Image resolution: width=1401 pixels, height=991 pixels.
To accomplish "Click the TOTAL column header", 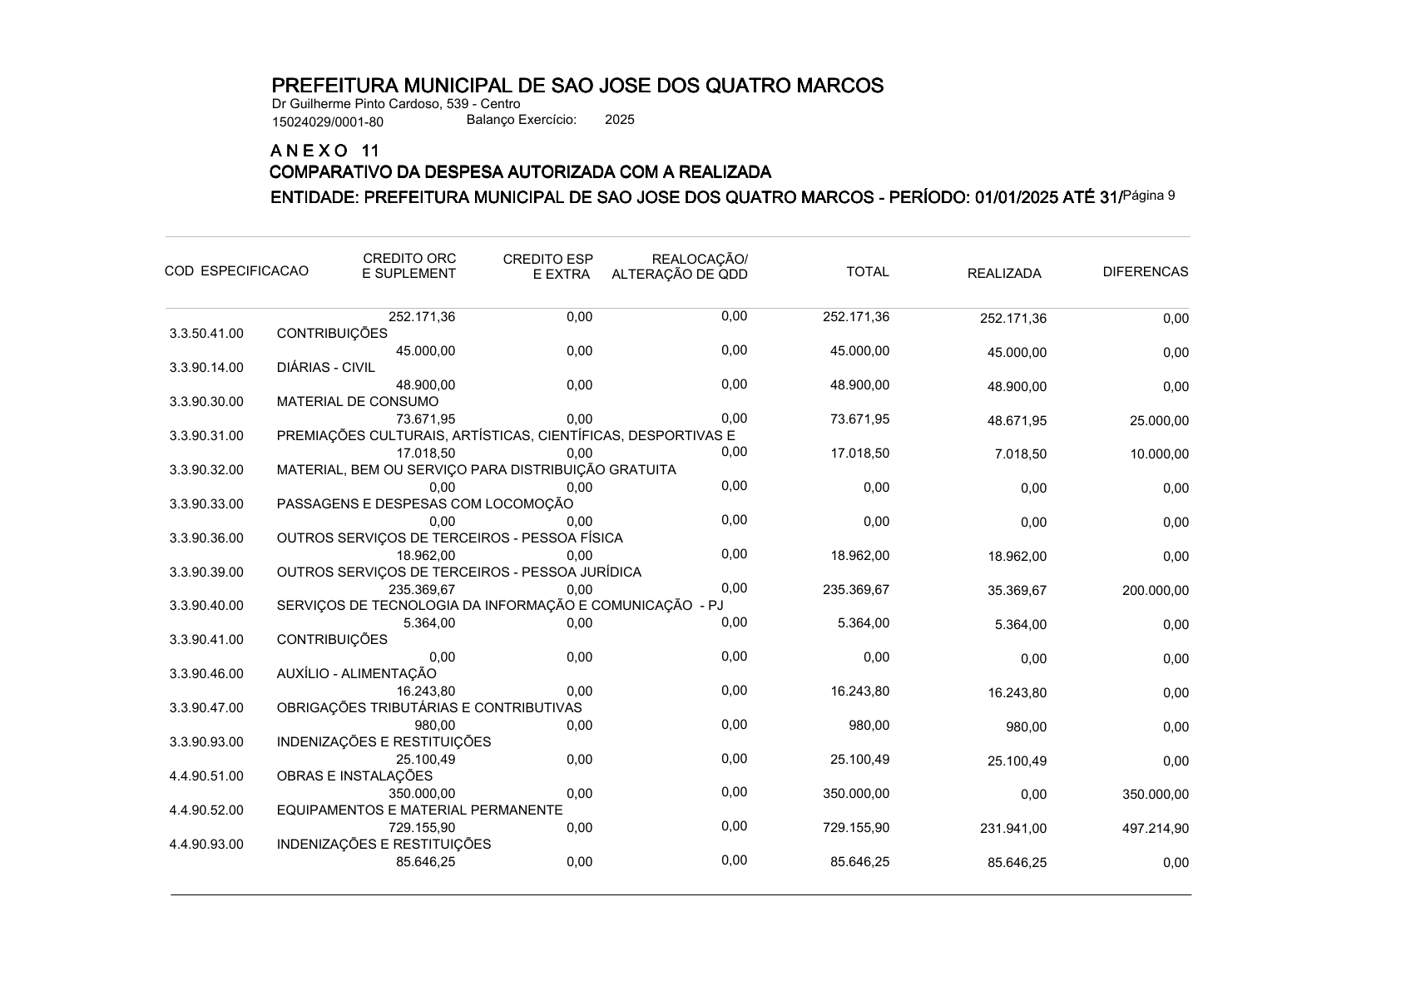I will coord(867,272).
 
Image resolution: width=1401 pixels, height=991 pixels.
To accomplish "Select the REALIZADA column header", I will coord(1003,274).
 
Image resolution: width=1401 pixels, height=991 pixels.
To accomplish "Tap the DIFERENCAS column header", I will coord(1145,272).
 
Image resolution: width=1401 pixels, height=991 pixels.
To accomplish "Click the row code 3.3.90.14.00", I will coord(206,368).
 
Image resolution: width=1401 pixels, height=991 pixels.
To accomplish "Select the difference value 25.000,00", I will coord(1159,421).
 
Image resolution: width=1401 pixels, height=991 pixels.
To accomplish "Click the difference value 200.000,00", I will coord(1156,592).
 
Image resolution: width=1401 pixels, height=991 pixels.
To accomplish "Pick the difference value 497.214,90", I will coord(1156,829).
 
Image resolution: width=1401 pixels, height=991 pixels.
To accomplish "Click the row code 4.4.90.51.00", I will coord(206,777).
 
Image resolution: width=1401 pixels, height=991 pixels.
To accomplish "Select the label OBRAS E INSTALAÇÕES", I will coord(354,776).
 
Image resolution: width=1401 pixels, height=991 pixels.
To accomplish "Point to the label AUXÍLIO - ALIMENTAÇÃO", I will coord(356,674).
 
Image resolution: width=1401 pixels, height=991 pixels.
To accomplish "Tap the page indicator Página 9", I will coord(1149,196).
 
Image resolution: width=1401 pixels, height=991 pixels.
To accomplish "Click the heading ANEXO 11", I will coord(325,151).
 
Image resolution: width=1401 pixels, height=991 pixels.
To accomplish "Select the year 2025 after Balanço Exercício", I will coord(619,120).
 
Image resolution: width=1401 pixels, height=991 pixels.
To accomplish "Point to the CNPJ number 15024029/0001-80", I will coord(328,122).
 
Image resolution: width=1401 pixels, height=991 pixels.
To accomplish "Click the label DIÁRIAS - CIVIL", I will coord(325,368).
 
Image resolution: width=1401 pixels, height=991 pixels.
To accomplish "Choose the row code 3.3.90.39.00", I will coord(206,572).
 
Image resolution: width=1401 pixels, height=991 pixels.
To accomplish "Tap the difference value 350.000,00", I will coord(1156,795).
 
